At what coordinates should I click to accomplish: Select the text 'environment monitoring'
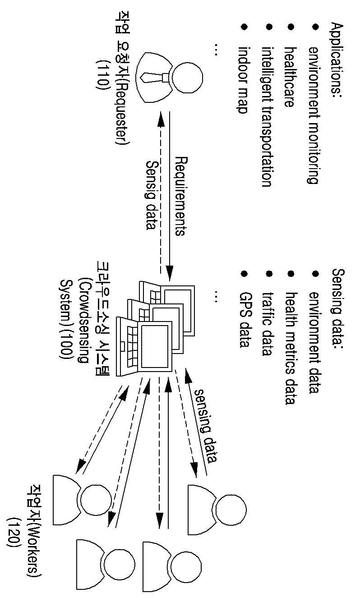tap(314, 115)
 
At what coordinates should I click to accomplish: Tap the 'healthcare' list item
tap(290, 77)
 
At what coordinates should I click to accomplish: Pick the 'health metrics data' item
tap(291, 348)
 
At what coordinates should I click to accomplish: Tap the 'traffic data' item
tap(268, 324)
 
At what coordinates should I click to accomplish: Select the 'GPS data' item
tap(245, 320)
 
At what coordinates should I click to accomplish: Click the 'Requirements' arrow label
tap(180, 196)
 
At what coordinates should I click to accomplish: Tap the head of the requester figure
tap(188, 78)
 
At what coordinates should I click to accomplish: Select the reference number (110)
tap(102, 74)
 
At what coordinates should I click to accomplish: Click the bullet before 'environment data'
tap(315, 274)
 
